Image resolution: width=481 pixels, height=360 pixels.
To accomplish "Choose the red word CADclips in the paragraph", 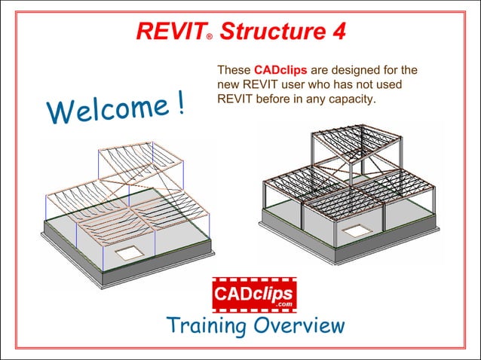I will [276, 70].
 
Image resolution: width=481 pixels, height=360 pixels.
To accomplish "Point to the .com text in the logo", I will [283, 304].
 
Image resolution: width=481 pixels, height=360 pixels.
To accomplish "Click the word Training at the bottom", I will [206, 326].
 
